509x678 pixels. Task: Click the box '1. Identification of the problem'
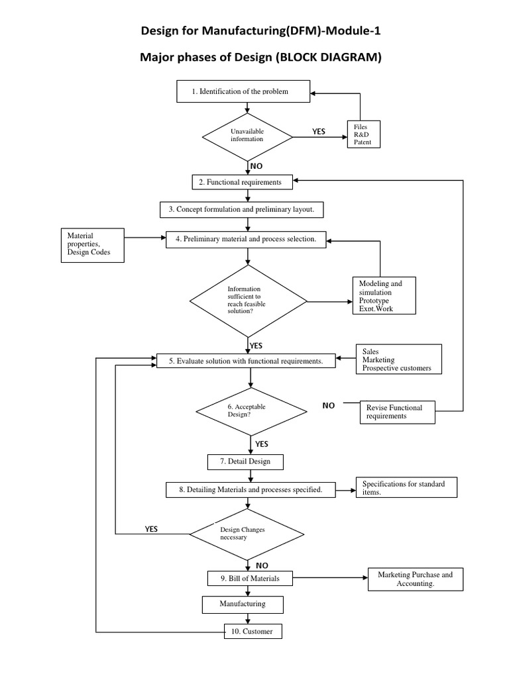[x=243, y=91]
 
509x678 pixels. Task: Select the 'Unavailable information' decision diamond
[x=247, y=136]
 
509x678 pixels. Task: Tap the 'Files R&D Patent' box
[x=365, y=134]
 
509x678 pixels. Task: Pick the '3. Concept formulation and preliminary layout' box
[x=246, y=209]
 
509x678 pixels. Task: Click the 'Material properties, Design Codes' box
[x=92, y=245]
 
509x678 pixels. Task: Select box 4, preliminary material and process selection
[x=246, y=238]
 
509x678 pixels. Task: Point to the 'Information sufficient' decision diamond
[x=249, y=301]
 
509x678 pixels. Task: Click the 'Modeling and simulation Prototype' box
[x=384, y=295]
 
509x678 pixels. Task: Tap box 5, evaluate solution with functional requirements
[x=246, y=361]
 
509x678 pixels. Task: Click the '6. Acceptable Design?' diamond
[x=251, y=411]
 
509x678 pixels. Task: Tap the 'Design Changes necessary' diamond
[x=247, y=533]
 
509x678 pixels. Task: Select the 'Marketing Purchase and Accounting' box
[x=415, y=579]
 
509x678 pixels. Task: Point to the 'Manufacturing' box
[x=243, y=604]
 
